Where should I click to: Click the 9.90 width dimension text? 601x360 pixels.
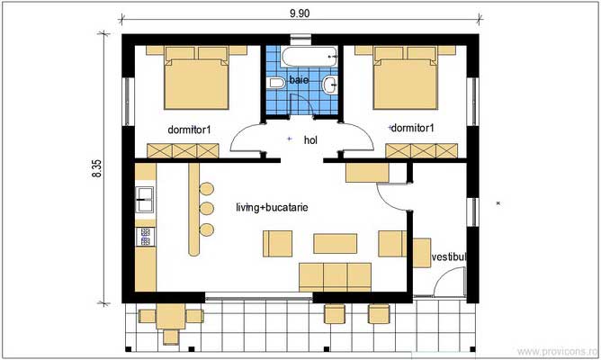[x=300, y=13]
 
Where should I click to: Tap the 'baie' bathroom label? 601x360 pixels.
[x=299, y=81]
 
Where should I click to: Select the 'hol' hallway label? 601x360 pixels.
[x=311, y=140]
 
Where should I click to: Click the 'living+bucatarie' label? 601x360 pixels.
[x=272, y=207]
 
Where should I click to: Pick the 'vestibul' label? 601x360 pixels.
[x=450, y=257]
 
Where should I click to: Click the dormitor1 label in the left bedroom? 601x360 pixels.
[x=189, y=129]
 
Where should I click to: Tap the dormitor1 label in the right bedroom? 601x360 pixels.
[x=412, y=128]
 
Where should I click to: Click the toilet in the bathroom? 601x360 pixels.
[x=276, y=84]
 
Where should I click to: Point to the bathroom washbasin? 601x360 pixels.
[x=332, y=85]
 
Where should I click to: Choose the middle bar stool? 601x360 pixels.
[x=206, y=208]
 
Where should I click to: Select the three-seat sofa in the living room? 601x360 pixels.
[x=335, y=274]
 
